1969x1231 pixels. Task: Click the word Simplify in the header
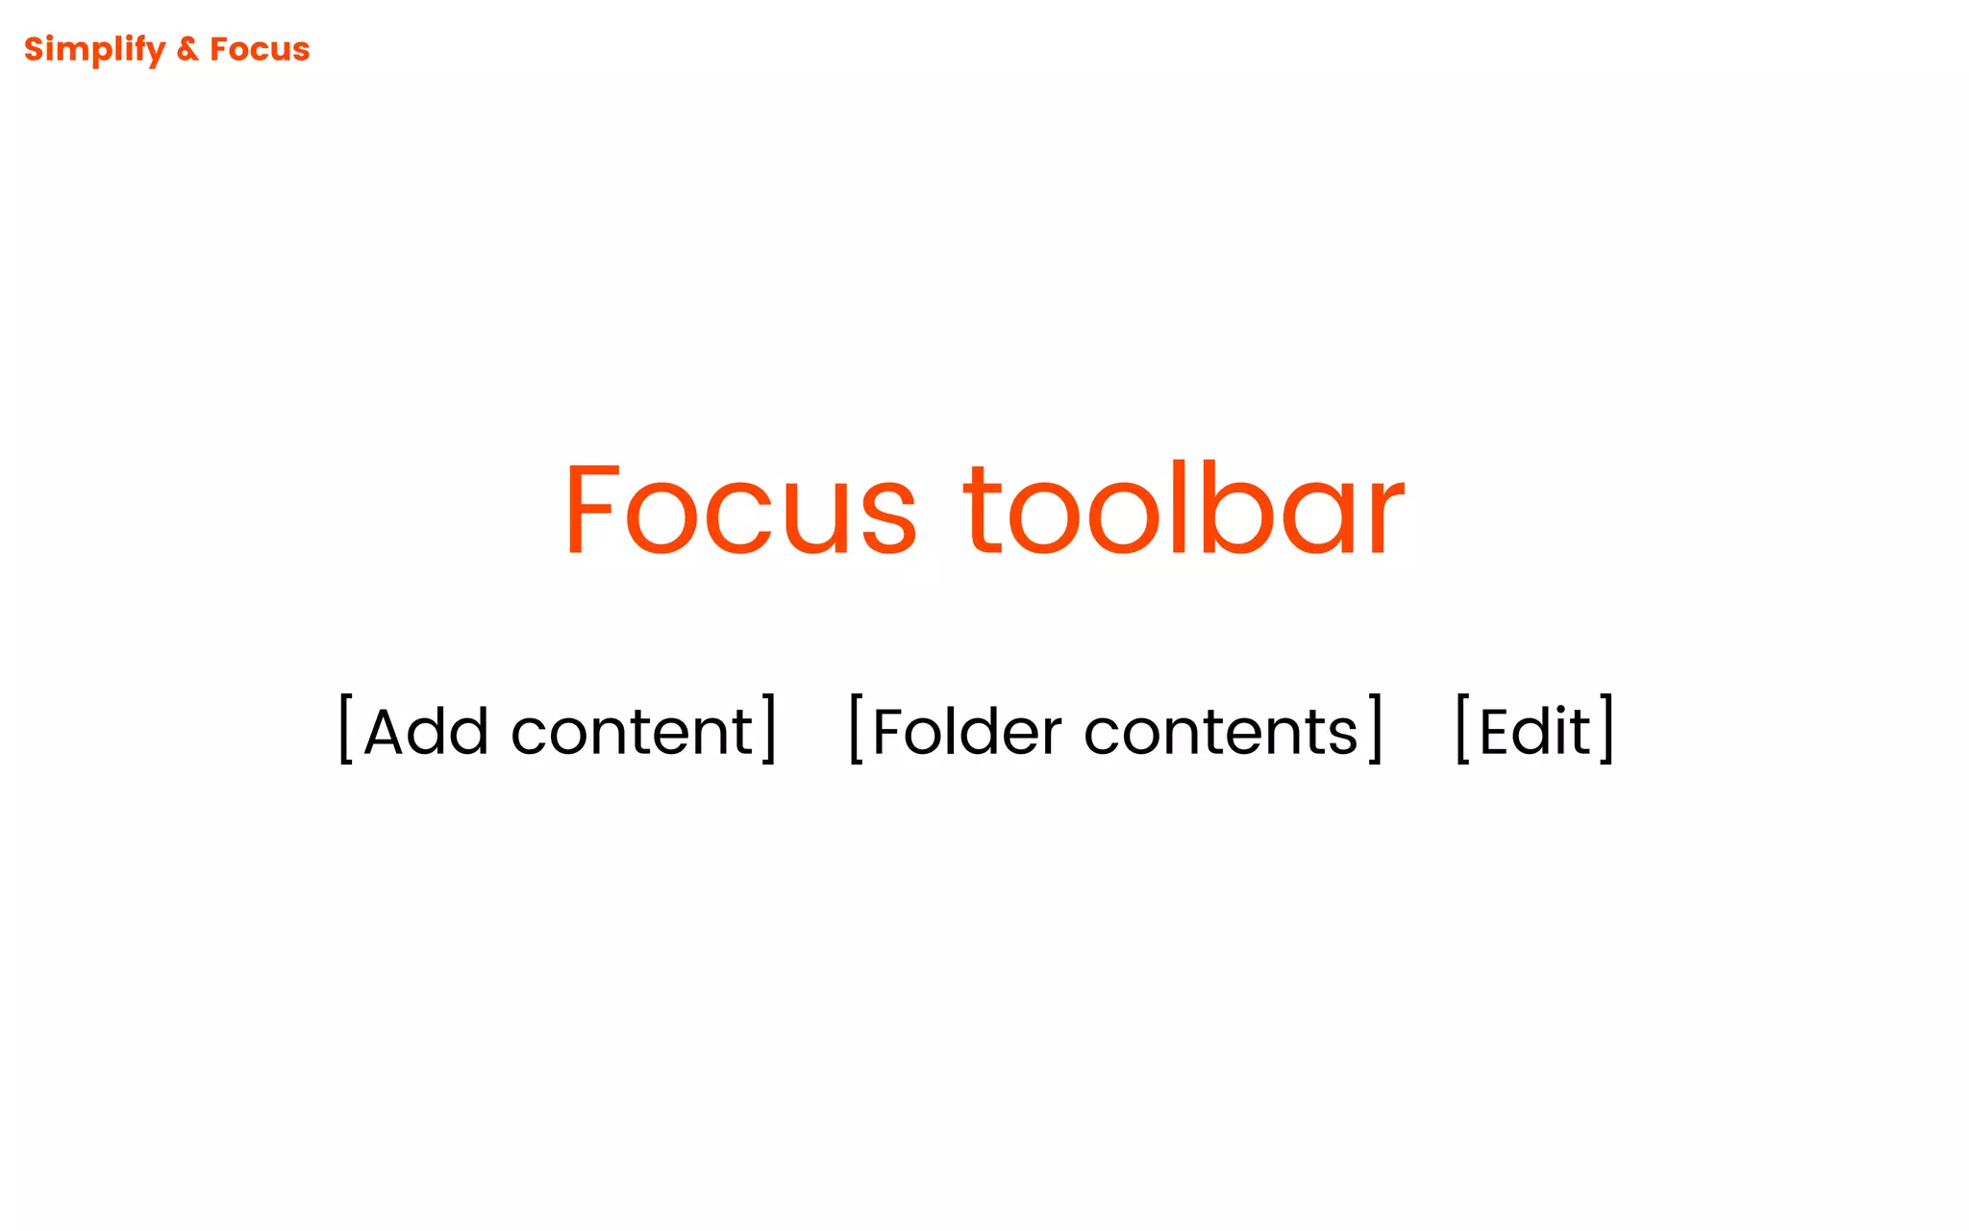tap(94, 49)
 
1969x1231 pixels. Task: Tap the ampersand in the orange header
tap(187, 49)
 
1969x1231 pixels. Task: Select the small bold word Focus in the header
tap(260, 49)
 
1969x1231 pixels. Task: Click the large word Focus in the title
tap(740, 510)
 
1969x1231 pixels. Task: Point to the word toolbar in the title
tap(1184, 510)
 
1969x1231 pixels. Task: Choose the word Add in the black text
tap(427, 732)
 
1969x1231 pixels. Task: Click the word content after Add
tap(632, 732)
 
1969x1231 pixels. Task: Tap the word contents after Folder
tap(1221, 732)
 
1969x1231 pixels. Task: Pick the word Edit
tap(1534, 732)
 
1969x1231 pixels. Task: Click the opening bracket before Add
tap(345, 729)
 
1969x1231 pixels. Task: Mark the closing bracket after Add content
tap(769, 729)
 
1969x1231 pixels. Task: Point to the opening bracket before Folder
tap(855, 729)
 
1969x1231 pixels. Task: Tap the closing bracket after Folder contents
tap(1376, 729)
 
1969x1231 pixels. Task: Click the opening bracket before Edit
tap(1462, 729)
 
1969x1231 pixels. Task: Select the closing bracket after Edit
tap(1607, 729)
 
